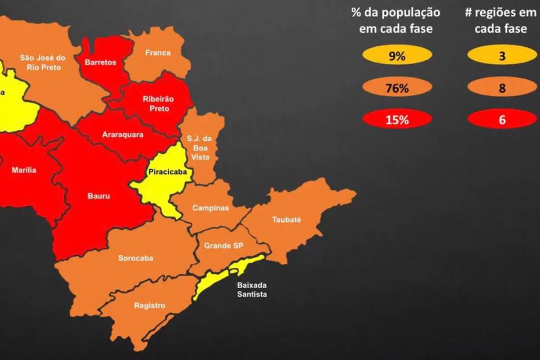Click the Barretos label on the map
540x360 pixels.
point(100,63)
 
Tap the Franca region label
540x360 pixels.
point(158,53)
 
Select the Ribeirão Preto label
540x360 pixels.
point(158,104)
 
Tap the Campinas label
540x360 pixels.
point(211,208)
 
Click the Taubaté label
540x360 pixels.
point(286,220)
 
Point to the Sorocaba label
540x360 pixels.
point(135,258)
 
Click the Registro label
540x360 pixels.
point(149,306)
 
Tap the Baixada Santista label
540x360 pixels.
point(252,290)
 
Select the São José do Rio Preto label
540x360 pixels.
point(43,63)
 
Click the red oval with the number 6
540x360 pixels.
point(502,120)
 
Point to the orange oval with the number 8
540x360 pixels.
point(502,88)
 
